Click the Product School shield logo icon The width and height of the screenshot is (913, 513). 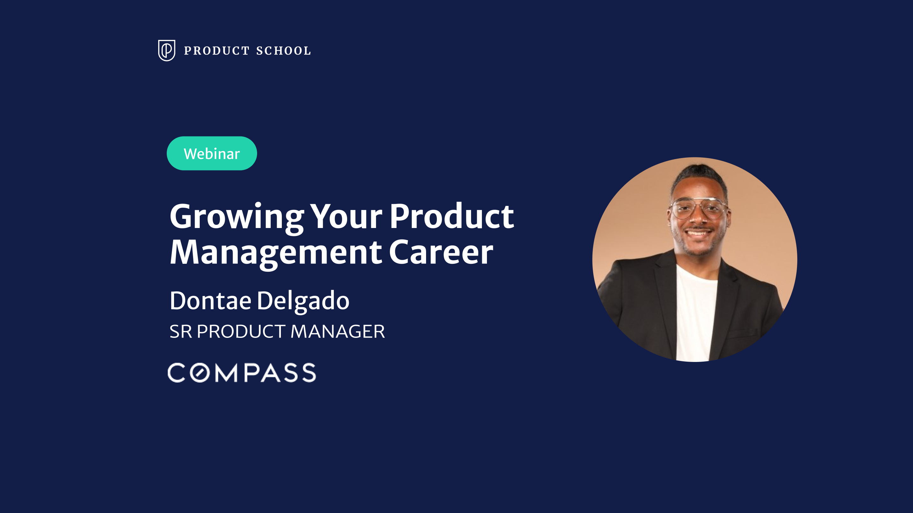tap(166, 50)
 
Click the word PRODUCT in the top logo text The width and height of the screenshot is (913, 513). tap(217, 51)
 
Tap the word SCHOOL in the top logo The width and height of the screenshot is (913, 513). tap(283, 51)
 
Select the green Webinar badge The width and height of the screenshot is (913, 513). tap(211, 153)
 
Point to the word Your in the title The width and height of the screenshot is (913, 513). tap(346, 217)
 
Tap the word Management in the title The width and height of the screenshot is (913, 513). tap(276, 253)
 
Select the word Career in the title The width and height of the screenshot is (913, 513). tap(441, 252)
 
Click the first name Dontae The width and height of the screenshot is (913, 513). tap(210, 301)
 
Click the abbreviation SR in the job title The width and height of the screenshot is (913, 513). tap(181, 332)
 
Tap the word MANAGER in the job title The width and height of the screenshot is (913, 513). tap(337, 332)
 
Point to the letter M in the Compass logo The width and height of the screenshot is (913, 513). tap(226, 373)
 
